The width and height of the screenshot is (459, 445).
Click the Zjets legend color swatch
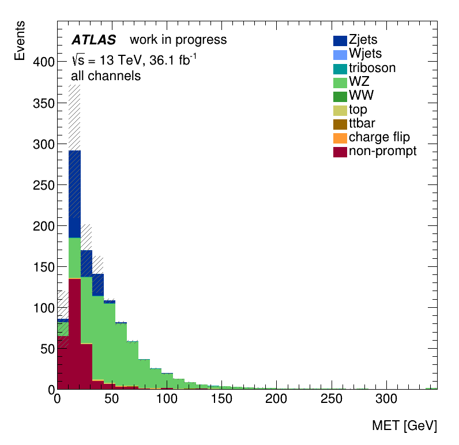click(x=340, y=40)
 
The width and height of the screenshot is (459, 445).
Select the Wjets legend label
click(x=367, y=54)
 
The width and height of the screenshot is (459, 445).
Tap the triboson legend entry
click(x=372, y=68)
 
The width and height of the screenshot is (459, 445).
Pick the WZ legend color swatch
click(x=340, y=82)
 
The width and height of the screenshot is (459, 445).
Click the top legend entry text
click(x=358, y=110)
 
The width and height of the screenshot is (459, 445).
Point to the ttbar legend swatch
click(x=340, y=123)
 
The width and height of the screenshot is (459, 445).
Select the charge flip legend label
click(x=379, y=137)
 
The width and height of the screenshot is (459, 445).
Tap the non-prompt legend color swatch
click(x=340, y=151)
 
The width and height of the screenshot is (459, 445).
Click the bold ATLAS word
click(x=93, y=40)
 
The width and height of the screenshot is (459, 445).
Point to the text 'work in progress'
click(x=178, y=40)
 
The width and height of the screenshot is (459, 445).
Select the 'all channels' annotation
click(x=106, y=76)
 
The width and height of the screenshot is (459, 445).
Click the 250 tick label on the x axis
click(x=332, y=399)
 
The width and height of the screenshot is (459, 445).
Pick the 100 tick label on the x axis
click(x=167, y=399)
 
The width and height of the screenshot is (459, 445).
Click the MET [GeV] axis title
click(x=404, y=426)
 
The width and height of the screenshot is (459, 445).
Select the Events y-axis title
click(x=20, y=40)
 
